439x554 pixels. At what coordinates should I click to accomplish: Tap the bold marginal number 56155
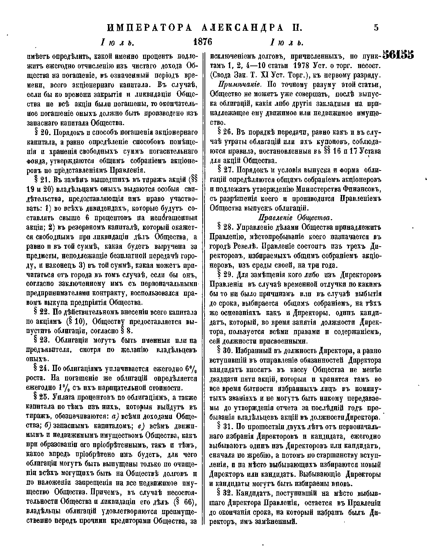coord(398,55)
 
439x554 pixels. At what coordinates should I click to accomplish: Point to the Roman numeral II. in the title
coord(293,28)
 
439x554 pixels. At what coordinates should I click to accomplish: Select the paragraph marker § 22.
coord(42,312)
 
